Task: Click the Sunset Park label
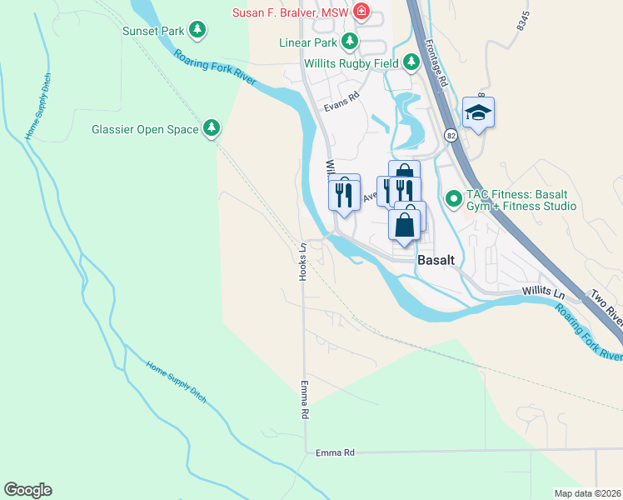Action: click(x=152, y=31)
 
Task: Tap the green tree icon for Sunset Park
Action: click(x=197, y=31)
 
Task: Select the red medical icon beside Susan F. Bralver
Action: click(x=361, y=11)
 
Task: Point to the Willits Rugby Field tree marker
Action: click(x=411, y=62)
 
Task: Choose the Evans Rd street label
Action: click(x=341, y=96)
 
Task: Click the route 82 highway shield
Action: click(x=451, y=135)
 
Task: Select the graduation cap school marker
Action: click(x=479, y=112)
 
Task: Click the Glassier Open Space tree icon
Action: click(x=212, y=128)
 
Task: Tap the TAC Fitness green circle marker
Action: click(x=454, y=198)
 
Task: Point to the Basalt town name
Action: click(x=436, y=259)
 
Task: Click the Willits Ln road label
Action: click(x=543, y=291)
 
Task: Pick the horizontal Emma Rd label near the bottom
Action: click(x=336, y=452)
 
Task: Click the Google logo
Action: click(x=27, y=490)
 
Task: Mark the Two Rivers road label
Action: click(x=606, y=307)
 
